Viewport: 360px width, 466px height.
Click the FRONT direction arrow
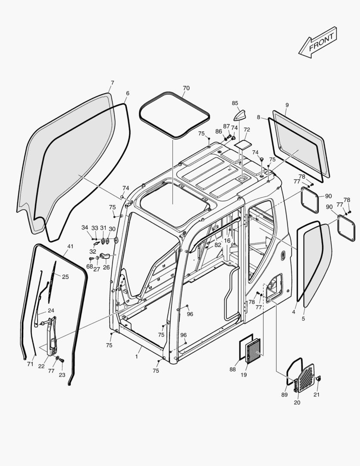pos(318,42)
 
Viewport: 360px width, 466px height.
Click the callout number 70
pos(186,88)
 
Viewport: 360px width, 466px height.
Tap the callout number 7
pos(113,82)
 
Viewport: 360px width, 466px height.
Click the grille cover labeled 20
pos(305,378)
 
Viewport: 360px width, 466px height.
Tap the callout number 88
pos(233,369)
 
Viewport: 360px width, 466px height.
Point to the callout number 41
pos(70,246)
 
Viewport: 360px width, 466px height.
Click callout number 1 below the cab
pos(137,356)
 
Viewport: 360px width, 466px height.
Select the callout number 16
pos(227,240)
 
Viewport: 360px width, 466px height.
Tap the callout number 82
pos(218,245)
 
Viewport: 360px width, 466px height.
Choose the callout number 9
pos(287,105)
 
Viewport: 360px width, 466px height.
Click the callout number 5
pos(303,318)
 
